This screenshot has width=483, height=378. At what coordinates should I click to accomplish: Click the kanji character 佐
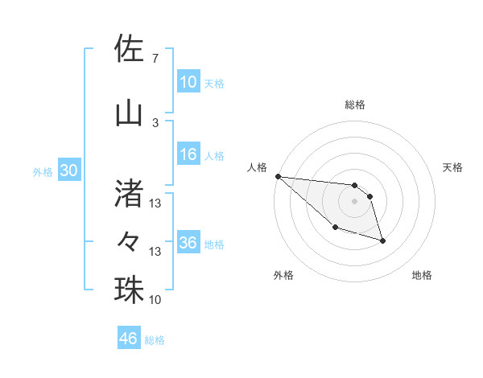coord(129,49)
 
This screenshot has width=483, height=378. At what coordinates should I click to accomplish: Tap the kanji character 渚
coord(129,191)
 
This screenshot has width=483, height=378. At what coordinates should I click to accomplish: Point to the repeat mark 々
coord(129,240)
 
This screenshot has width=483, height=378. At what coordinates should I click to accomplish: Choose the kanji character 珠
coord(129,290)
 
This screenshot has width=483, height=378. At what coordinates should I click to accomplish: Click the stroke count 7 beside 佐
coord(155,59)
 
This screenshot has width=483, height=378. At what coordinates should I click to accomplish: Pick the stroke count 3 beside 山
coord(155,122)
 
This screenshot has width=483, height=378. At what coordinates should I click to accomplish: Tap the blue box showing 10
coord(188,82)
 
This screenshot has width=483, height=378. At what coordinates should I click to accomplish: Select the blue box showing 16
coord(188,155)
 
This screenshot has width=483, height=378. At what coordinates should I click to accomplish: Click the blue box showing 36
coord(188,243)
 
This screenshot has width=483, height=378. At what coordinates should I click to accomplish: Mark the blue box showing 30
coord(68,171)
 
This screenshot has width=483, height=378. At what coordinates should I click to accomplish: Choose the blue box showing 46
coord(129,339)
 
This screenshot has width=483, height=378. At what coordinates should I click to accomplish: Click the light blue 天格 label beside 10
coord(214,83)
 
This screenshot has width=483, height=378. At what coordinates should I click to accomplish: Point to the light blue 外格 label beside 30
coord(43,172)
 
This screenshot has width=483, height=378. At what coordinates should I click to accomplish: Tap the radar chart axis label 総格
coord(355,105)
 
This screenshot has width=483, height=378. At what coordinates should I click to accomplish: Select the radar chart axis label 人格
coord(257,167)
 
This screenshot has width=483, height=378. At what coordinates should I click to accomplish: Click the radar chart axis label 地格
coord(422,275)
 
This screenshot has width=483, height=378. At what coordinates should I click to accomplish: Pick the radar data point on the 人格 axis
coord(278,176)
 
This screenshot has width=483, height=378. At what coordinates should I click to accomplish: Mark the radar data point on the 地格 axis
coord(382,240)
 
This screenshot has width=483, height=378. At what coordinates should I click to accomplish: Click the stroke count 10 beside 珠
coord(155,300)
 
